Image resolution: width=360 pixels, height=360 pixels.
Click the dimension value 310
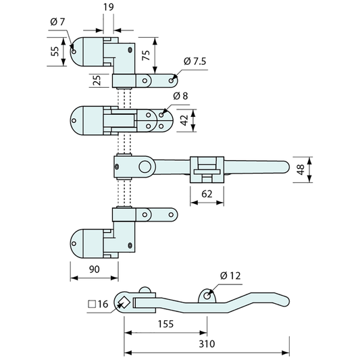[207, 344]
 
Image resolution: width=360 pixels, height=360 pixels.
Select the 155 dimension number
[165, 324]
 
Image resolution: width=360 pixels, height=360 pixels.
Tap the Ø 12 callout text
[230, 276]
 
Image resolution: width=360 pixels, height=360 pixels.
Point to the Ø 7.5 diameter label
[195, 61]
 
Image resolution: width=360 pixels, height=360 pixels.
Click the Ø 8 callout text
[180, 96]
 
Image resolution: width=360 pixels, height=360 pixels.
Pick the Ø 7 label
[57, 22]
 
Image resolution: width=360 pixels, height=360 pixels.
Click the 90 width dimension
[95, 269]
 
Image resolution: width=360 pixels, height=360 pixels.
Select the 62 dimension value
[207, 195]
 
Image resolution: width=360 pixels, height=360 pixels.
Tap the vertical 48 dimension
[301, 170]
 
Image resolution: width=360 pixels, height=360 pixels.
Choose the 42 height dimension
[184, 120]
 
